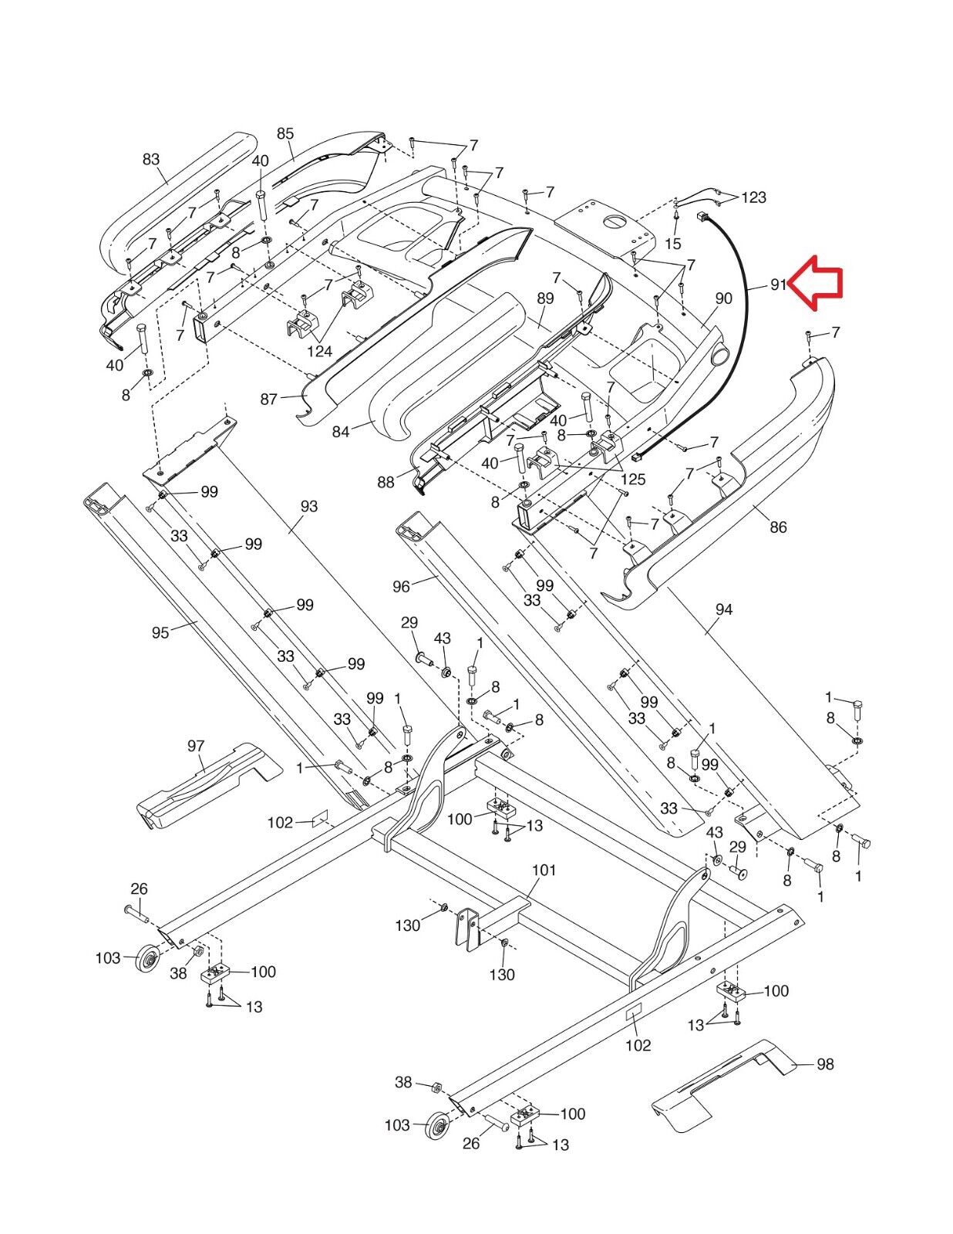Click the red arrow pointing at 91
tap(819, 285)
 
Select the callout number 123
tap(753, 197)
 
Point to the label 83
tap(151, 160)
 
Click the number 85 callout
tap(285, 133)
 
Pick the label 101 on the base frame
tap(544, 870)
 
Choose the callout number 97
tap(196, 746)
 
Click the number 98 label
tap(825, 1064)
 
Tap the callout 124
tap(319, 352)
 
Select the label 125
tap(633, 480)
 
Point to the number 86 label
tap(778, 528)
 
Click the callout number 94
tap(723, 609)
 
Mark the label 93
tap(308, 507)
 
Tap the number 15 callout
tap(672, 244)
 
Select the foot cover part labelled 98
tap(717, 1084)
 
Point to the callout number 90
tap(723, 298)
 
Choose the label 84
tap(341, 432)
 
